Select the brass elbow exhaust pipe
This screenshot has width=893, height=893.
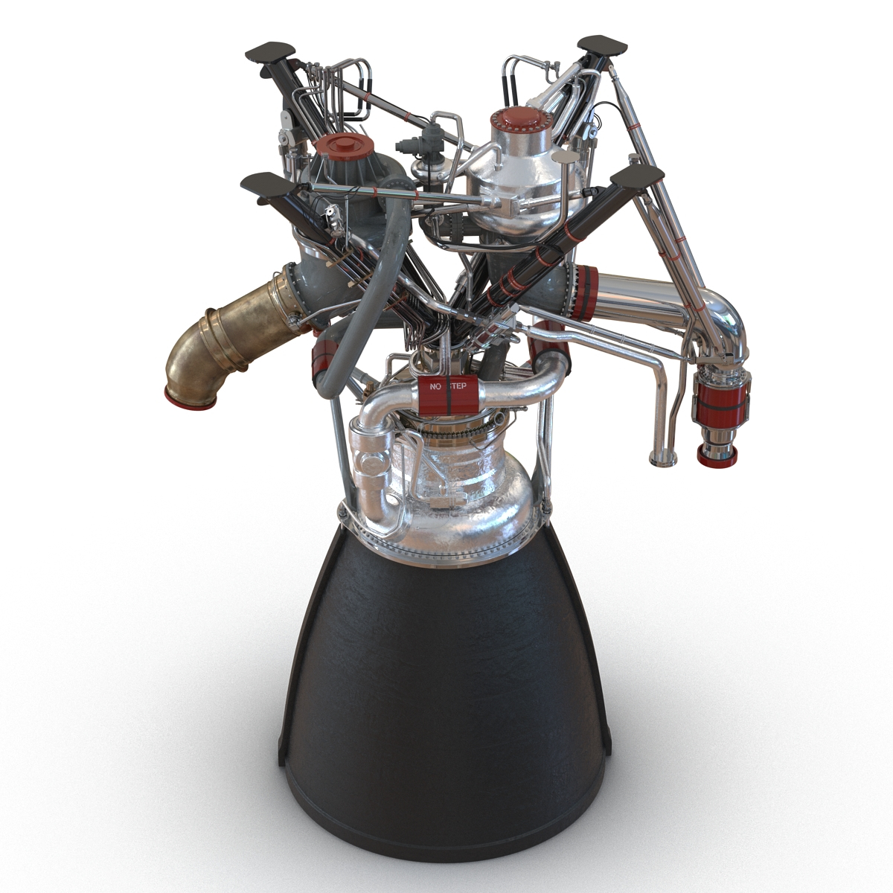pos(223,342)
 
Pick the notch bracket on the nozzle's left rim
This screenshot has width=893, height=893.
pos(283,737)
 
